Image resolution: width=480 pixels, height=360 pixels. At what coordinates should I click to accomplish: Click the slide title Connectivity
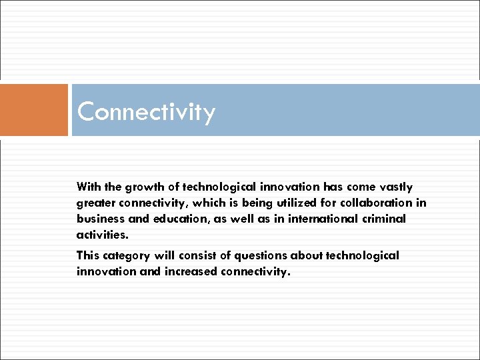point(146,112)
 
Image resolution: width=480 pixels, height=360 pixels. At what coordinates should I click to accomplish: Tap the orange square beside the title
point(34,110)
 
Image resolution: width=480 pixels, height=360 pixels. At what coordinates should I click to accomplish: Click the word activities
point(101,235)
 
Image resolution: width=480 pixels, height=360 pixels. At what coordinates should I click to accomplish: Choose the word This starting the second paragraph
point(88,255)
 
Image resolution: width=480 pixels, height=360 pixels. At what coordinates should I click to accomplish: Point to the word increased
point(185,271)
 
